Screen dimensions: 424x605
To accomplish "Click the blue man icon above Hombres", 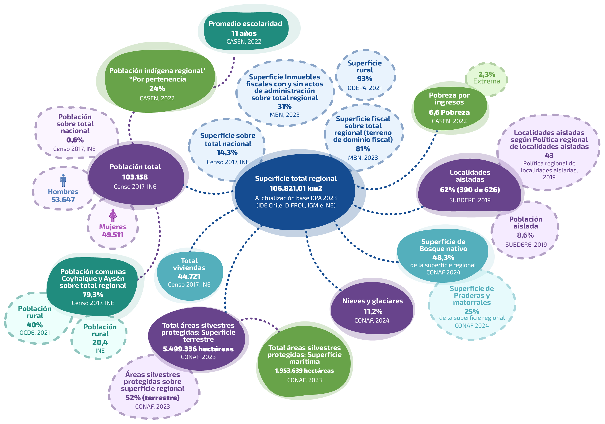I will (x=63, y=180).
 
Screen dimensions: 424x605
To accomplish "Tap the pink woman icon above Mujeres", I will (x=113, y=215).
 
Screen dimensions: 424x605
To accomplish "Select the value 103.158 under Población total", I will (x=135, y=177).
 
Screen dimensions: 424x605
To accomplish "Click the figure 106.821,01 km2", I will (x=296, y=188).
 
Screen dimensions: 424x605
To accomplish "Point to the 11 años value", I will (x=244, y=33).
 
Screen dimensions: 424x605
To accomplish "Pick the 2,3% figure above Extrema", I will (x=486, y=74).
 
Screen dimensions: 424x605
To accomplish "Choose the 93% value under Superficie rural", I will (x=364, y=79).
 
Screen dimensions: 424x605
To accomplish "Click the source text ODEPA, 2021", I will (x=364, y=88).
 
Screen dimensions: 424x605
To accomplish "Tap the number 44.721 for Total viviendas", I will (x=189, y=276).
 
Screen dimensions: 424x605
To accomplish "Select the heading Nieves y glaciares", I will (x=372, y=301).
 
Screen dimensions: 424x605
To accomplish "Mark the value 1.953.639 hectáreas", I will (x=304, y=370).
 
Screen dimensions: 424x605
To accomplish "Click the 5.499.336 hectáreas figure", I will (x=198, y=349).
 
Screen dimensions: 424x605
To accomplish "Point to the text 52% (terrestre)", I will (x=152, y=398).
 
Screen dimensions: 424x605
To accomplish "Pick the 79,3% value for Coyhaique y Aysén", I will (x=93, y=295).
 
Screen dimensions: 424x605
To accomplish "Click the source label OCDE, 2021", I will (x=35, y=333).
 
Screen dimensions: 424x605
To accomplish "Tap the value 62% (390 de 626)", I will (x=470, y=190).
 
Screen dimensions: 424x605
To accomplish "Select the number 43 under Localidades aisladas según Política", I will (x=549, y=155).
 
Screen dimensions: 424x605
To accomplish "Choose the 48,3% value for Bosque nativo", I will (x=443, y=258).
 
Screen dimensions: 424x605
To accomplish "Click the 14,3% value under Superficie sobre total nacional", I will (x=227, y=152).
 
